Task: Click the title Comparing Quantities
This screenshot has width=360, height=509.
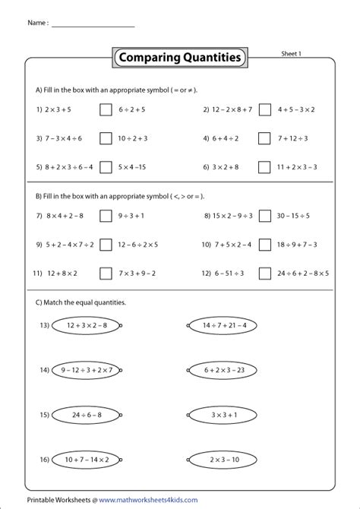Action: [179, 57]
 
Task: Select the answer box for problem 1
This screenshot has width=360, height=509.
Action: [106, 109]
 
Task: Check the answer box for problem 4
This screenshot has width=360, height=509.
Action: [264, 138]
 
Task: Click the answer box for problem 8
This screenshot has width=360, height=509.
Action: [264, 216]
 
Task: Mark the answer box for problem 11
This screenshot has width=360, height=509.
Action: [106, 272]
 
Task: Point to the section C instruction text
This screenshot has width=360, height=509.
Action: [80, 302]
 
